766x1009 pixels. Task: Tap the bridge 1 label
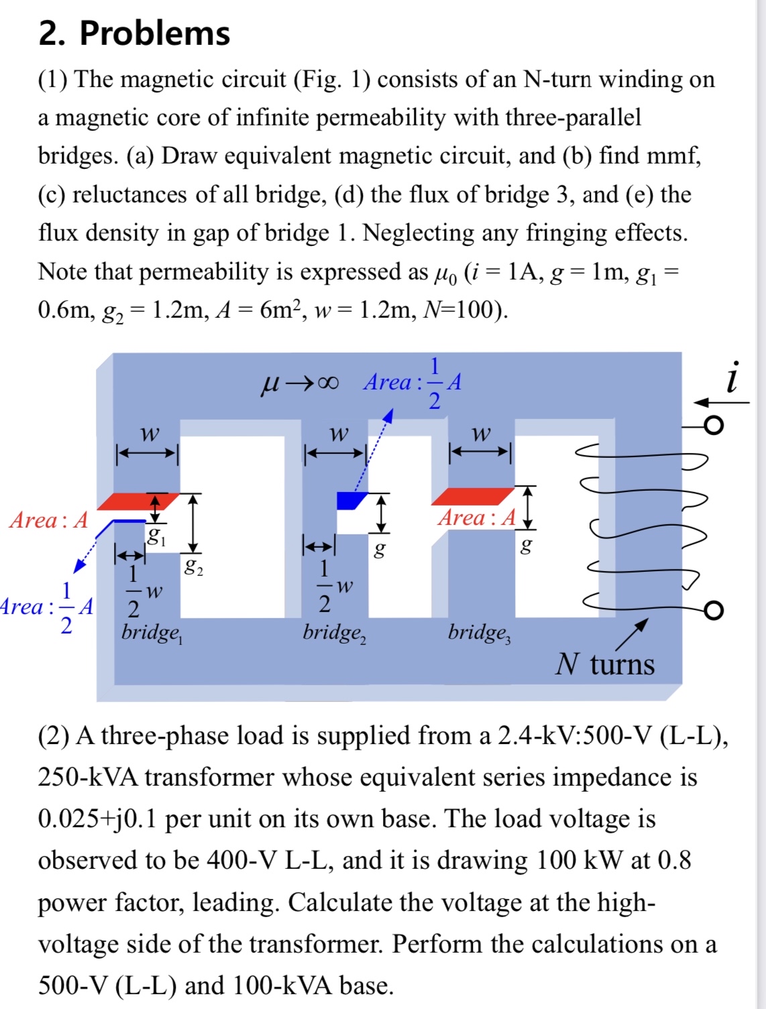point(152,633)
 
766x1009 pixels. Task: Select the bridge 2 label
point(334,633)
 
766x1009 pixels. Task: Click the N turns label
point(604,664)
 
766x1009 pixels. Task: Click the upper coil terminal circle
point(714,425)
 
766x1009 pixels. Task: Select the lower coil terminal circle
point(714,609)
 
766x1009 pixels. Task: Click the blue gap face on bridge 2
point(350,500)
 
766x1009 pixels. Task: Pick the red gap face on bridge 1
point(138,501)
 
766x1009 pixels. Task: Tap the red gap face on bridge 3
point(472,496)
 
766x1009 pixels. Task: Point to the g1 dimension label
point(156,536)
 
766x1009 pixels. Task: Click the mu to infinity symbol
point(299,383)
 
